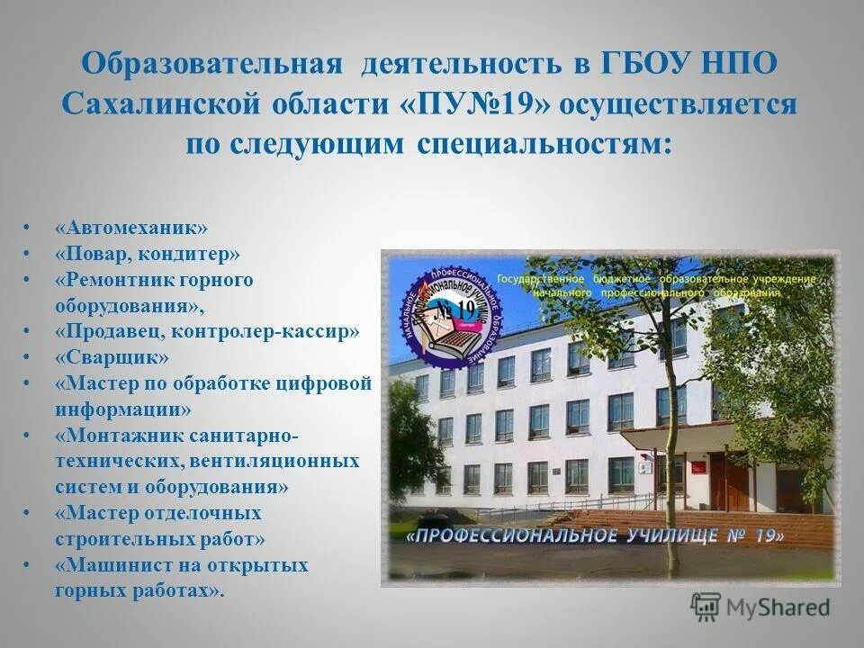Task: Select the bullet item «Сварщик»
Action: pos(112,357)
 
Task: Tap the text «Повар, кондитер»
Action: pos(147,254)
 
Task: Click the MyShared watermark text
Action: pos(779,607)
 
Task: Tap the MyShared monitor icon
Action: pos(706,607)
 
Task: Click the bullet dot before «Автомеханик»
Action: pos(28,228)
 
